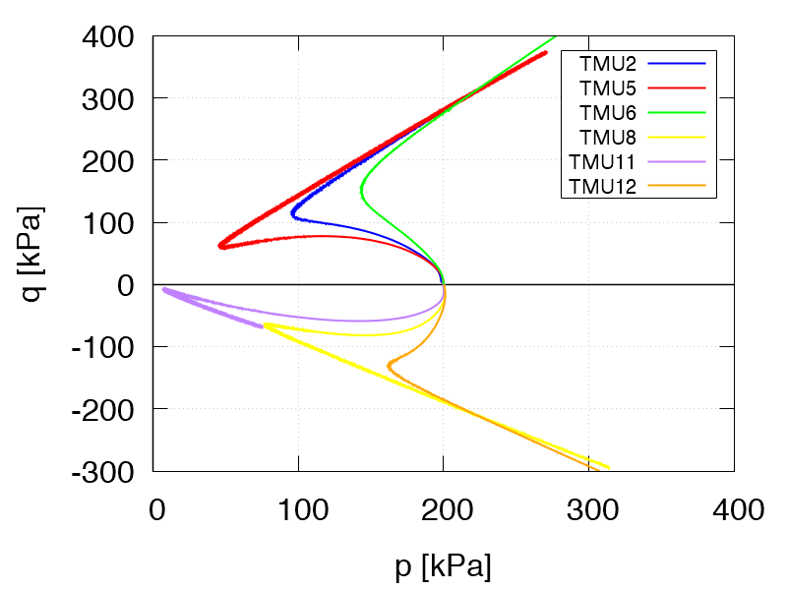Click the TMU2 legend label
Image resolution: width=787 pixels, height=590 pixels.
tap(609, 64)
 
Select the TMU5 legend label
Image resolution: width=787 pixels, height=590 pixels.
tap(609, 88)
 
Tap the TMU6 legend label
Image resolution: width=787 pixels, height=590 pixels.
tap(609, 113)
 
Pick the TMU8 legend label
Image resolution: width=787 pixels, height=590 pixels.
tap(609, 138)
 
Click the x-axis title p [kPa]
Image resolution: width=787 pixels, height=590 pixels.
tap(443, 567)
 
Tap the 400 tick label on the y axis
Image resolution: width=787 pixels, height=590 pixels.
tap(110, 37)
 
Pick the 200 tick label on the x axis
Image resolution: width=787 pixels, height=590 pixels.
tap(443, 510)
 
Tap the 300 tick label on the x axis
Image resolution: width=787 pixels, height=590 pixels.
tap(588, 510)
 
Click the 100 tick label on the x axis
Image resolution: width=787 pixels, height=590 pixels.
tap(298, 510)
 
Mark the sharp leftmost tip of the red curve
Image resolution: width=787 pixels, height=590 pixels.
tap(219, 246)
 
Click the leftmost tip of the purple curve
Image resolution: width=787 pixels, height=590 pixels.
tap(163, 289)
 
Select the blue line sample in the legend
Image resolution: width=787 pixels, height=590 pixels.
tap(678, 64)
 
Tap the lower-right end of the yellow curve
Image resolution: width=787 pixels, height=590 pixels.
tap(609, 468)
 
